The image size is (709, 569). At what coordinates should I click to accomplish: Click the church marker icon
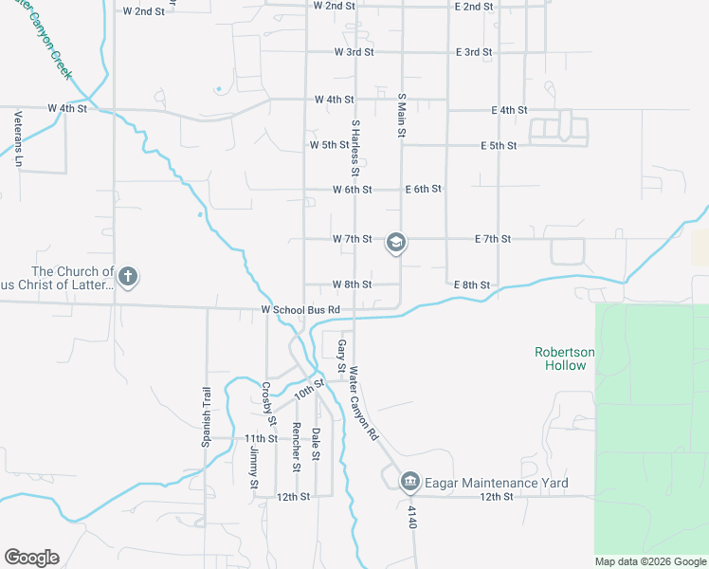127,277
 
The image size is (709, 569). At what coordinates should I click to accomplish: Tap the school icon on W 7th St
395,244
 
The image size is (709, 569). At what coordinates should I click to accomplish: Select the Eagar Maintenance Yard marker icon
410,483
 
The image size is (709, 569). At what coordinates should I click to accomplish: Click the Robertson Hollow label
564,358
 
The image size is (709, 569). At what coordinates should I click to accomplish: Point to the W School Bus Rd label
300,310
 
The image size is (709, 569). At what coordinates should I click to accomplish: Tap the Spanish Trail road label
205,416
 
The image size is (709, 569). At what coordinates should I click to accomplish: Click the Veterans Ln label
18,135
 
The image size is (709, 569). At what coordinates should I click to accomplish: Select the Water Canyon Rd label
363,403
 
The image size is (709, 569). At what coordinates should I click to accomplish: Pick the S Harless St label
355,148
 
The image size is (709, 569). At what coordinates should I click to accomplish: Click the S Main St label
402,117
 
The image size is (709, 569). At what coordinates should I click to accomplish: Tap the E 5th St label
499,145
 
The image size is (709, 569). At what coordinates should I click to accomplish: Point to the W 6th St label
352,190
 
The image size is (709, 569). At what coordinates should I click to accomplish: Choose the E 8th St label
471,285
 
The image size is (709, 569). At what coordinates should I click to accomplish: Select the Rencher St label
296,447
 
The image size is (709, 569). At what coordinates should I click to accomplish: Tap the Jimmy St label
254,469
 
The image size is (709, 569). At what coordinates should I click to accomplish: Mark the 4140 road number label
412,517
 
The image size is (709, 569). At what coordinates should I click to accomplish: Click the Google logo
31,558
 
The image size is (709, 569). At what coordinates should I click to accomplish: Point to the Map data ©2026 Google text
649,561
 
